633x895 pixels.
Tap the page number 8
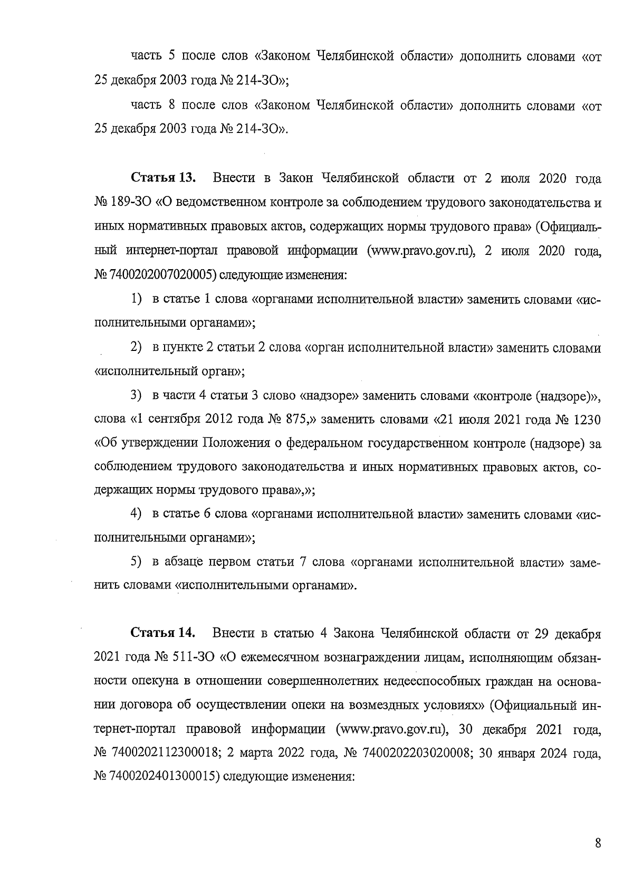pos(598,843)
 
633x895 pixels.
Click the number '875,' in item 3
pos(301,419)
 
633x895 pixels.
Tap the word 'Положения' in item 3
pos(237,443)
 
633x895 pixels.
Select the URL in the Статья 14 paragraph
pos(393,730)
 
